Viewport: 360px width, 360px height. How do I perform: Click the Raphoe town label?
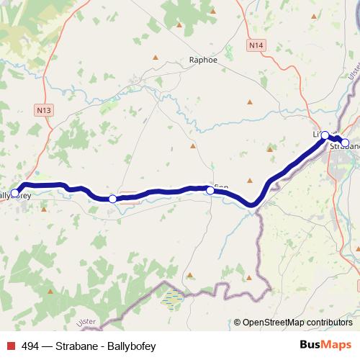202,60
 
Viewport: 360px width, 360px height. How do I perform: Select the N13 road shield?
42,109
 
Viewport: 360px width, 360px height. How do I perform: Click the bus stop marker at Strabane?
345,143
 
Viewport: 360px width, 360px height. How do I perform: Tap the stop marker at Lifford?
325,135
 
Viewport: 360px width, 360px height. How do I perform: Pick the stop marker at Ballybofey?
15,193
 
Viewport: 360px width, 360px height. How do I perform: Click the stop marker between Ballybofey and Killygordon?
112,199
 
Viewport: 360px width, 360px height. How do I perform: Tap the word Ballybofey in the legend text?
131,346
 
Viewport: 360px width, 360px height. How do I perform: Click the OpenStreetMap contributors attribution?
297,323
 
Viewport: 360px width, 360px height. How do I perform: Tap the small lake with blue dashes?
173,298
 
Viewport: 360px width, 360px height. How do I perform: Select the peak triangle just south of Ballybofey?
43,210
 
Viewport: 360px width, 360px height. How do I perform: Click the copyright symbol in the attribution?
237,323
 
